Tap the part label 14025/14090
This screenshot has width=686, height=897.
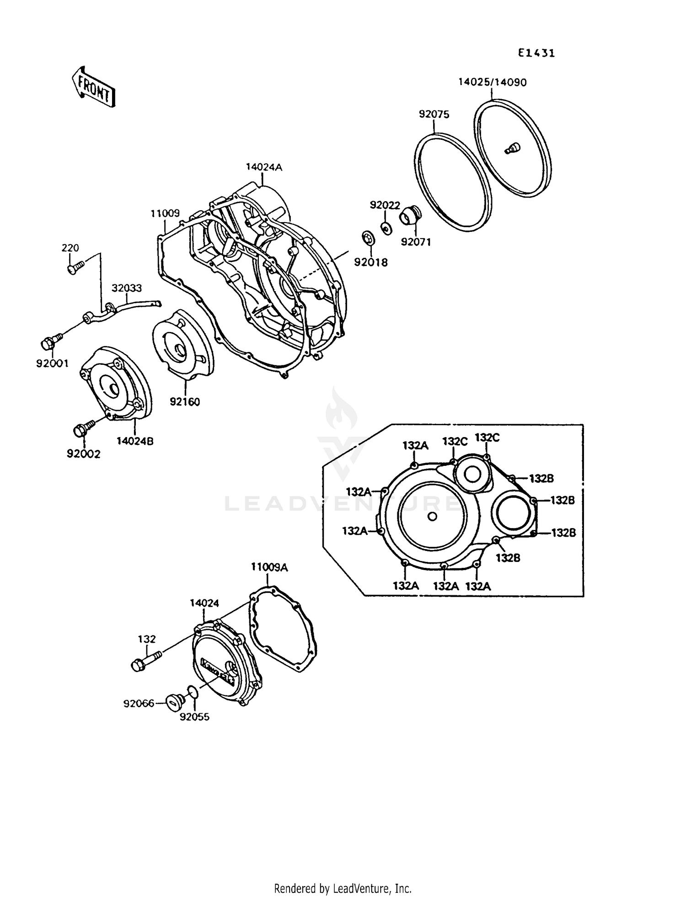click(x=492, y=82)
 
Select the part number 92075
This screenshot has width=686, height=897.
click(x=434, y=114)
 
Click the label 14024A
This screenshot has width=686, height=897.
click(x=264, y=167)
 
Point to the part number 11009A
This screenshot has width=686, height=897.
click(x=269, y=567)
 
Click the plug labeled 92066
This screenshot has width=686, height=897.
click(x=175, y=701)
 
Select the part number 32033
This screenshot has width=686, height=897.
click(x=127, y=288)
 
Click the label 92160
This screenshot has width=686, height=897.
click(x=185, y=402)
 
